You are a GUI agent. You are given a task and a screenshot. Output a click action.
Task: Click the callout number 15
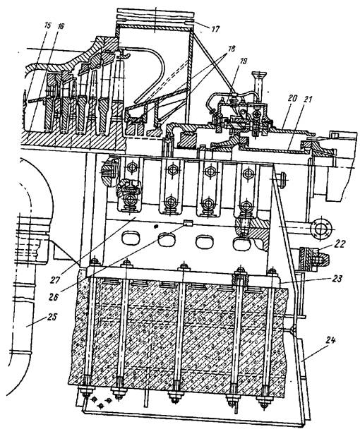47,25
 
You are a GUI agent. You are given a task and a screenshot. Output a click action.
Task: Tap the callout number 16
61,26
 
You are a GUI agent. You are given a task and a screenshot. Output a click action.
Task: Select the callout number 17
215,29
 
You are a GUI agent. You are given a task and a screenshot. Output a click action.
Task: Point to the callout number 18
231,49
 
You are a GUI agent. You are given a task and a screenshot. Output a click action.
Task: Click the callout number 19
243,61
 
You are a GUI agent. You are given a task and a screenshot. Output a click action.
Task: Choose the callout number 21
306,100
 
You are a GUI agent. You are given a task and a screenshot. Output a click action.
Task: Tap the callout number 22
340,244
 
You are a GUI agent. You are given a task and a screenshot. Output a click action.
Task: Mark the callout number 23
337,279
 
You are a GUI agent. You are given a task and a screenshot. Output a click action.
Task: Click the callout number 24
330,340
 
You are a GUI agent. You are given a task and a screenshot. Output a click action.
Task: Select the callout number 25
52,317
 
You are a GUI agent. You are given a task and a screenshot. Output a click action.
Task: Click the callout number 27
55,280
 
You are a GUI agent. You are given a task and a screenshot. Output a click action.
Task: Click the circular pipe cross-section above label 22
320,228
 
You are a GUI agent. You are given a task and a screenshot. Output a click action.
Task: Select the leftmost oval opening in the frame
129,238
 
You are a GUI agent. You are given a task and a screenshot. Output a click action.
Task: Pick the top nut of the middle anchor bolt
184,267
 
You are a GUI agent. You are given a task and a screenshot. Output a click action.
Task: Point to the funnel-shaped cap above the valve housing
259,75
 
